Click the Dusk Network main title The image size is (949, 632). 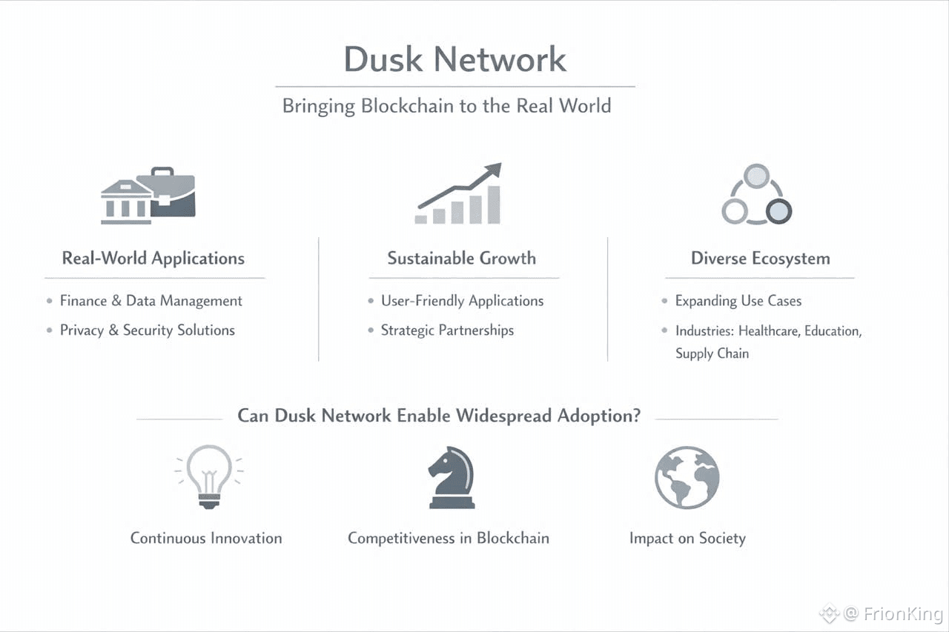(x=454, y=59)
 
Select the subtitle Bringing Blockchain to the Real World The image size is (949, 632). (x=446, y=106)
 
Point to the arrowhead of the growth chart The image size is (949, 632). (x=494, y=170)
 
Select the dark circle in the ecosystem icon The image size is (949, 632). (x=778, y=212)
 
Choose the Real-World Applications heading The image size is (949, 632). (x=153, y=259)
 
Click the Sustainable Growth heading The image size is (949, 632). (x=461, y=259)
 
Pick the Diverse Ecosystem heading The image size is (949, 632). (x=760, y=259)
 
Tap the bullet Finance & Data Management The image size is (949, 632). (x=151, y=301)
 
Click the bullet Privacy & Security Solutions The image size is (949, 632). (x=147, y=330)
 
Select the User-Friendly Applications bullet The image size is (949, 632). (x=462, y=301)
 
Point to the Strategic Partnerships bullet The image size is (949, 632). (x=447, y=330)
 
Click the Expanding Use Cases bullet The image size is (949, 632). (x=738, y=301)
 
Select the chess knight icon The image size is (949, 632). (x=451, y=479)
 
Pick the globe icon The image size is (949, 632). (x=687, y=477)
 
